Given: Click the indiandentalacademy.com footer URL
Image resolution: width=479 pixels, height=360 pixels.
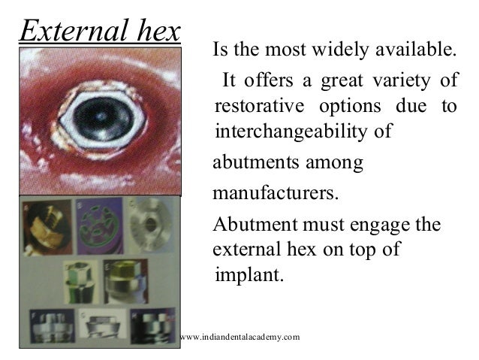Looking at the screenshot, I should (239, 336).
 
